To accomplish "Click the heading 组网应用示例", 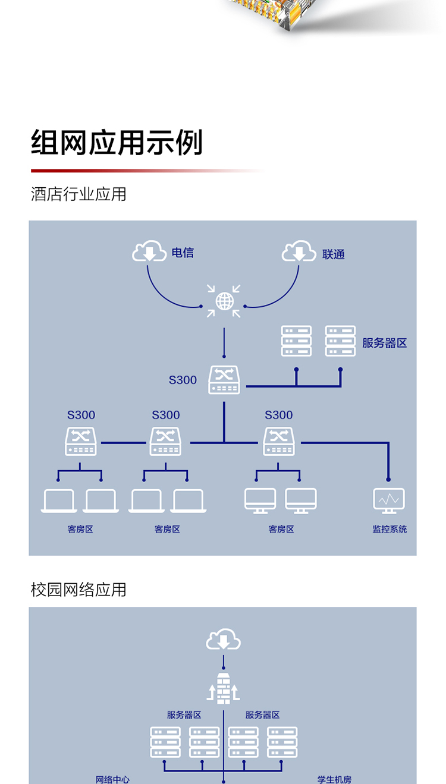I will [117, 143].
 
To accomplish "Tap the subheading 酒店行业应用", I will [78, 194].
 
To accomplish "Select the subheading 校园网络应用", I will [78, 590].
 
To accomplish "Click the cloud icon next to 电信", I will [149, 252].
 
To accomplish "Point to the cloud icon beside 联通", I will [299, 252].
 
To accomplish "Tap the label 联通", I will [334, 254].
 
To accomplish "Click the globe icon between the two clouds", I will [224, 301].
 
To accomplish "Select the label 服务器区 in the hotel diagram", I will [384, 343].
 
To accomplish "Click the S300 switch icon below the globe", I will [224, 380].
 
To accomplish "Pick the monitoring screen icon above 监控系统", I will [389, 500].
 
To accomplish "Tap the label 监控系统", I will [390, 529].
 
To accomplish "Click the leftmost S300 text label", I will [81, 415].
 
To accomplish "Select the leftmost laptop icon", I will [59, 501].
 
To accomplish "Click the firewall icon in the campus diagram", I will [224, 689].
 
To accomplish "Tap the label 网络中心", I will [112, 779].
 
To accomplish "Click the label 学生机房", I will [334, 779].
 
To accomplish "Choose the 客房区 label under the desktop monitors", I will [281, 529].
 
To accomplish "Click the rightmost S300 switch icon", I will [278, 442].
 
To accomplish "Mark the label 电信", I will [183, 253].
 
